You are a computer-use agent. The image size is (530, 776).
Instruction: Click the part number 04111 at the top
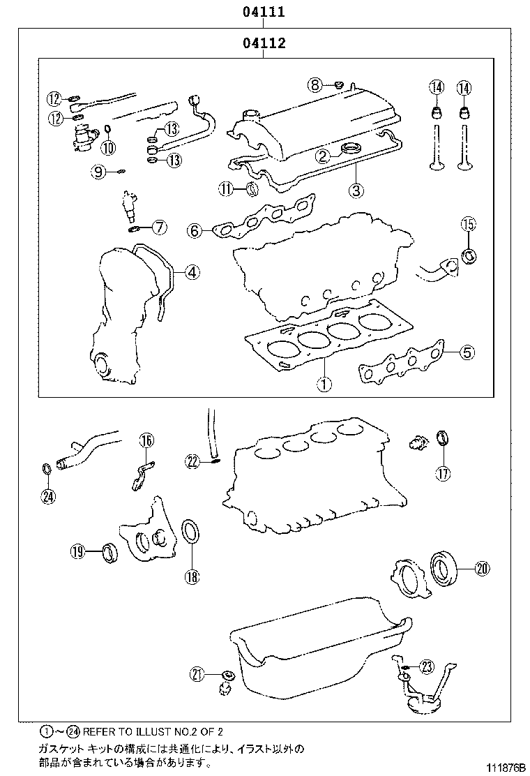pos(264,12)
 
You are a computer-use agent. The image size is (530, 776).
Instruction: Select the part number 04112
pos(264,44)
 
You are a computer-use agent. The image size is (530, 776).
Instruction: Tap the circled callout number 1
pos(324,382)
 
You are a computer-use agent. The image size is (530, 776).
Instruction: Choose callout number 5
pos(467,352)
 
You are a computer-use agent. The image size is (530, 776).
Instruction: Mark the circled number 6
pos(195,230)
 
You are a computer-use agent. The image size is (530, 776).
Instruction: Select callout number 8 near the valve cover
pos(316,85)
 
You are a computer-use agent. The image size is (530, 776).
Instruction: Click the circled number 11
pos(225,188)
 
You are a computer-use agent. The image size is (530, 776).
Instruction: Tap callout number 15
pos(468,224)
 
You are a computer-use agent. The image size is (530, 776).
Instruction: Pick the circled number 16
pos(146,440)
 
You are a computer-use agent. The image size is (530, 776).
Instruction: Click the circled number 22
pos(193,460)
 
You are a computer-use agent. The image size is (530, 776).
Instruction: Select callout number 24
pos(47,496)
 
